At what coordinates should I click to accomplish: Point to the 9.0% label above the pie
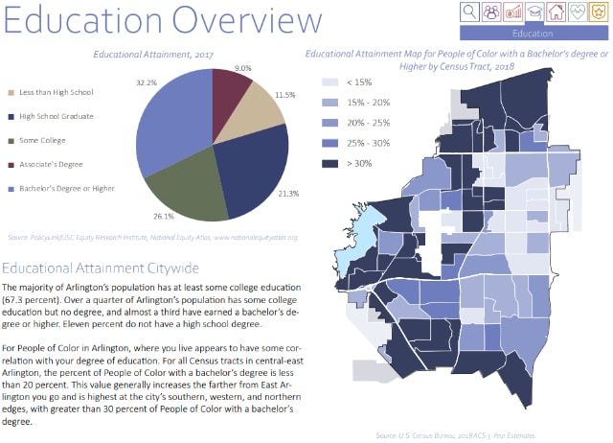[242, 68]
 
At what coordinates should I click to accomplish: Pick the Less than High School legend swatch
[10, 94]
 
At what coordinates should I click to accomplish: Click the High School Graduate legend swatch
[10, 117]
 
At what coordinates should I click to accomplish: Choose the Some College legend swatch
[10, 140]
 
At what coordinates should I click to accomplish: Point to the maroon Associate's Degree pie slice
[232, 94]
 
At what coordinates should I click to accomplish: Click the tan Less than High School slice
[256, 113]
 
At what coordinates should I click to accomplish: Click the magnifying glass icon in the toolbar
[470, 12]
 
